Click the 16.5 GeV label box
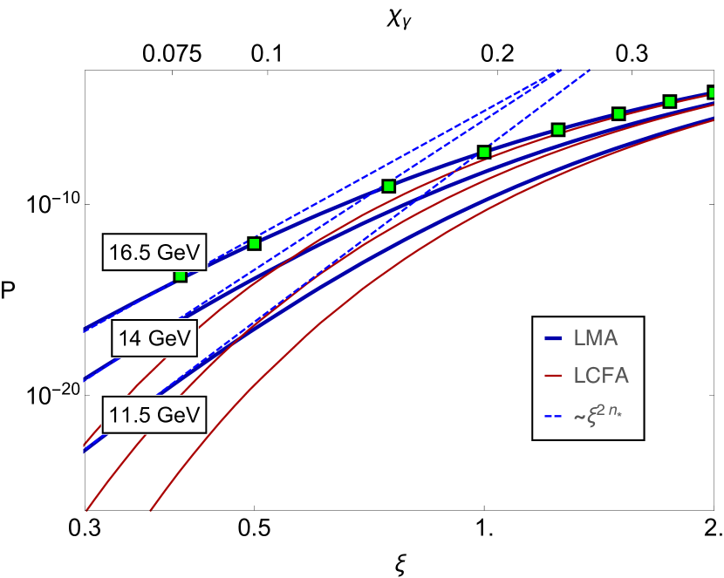[x=154, y=254]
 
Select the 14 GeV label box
[x=154, y=338]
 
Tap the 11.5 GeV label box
[x=154, y=415]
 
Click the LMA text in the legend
[x=596, y=338]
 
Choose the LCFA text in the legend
[x=601, y=376]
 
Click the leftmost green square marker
[x=181, y=275]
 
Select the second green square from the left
[x=255, y=243]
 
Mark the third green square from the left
[x=389, y=186]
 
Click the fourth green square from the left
[x=484, y=153]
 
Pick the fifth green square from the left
[x=558, y=130]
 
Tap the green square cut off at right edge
[x=712, y=92]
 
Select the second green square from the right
[x=670, y=102]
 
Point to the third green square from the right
[x=618, y=113]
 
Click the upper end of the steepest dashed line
[x=590, y=71]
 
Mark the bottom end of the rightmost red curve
[x=152, y=510]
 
